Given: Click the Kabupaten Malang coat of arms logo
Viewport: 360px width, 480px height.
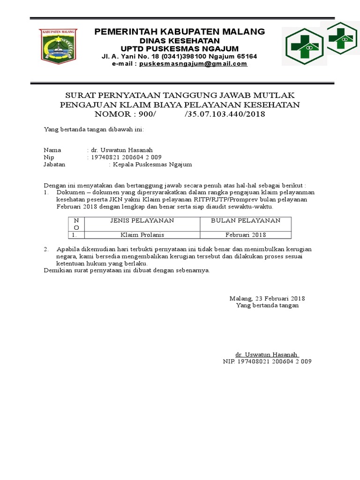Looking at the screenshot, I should [59, 46].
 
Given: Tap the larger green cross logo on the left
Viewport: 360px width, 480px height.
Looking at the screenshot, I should [305, 45].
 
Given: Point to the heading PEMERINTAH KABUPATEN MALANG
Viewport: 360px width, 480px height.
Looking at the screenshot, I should [180, 32].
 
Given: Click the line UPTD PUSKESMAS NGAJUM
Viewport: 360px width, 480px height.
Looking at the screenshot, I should [180, 49].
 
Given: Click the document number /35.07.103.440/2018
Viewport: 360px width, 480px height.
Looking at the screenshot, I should [225, 114].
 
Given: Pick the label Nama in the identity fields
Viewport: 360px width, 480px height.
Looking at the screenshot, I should [52, 150].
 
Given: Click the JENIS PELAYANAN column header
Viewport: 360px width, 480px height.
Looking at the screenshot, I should [142, 220].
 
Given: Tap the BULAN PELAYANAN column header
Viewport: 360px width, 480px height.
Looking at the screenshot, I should [246, 220].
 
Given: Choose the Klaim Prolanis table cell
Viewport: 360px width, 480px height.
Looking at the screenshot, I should [142, 234].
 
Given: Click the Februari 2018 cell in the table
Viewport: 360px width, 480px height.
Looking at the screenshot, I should [246, 234].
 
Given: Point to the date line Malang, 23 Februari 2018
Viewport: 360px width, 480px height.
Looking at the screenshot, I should [267, 298].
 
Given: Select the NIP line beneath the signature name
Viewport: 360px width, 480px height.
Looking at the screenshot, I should [267, 361].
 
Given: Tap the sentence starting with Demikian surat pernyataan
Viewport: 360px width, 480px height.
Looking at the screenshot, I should [127, 270].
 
